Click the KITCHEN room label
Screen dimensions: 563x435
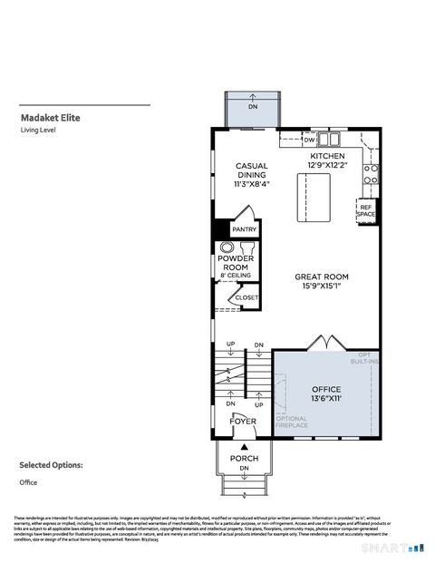coord(327,156)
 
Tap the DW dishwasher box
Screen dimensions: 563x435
coord(309,140)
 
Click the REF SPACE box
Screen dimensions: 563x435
coord(366,209)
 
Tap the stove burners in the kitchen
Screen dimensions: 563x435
coord(370,169)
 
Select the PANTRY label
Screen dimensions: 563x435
coord(245,229)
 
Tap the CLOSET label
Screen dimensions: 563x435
coord(246,297)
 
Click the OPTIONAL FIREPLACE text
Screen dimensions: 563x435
coord(292,422)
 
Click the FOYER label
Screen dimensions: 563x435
coord(242,422)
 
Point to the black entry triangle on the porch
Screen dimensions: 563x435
coord(243,448)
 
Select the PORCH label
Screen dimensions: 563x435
coord(243,458)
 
